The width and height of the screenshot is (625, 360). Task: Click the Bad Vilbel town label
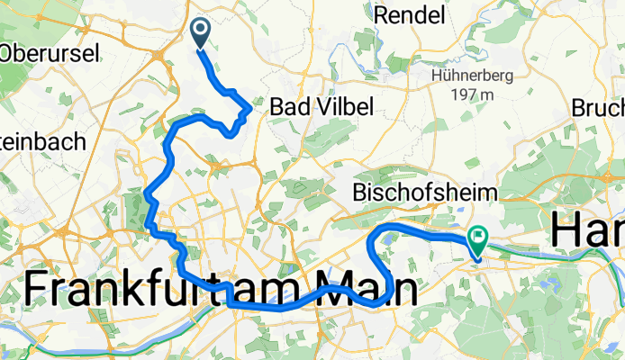coord(321,107)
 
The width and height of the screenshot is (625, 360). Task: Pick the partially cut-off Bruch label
coord(598,107)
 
